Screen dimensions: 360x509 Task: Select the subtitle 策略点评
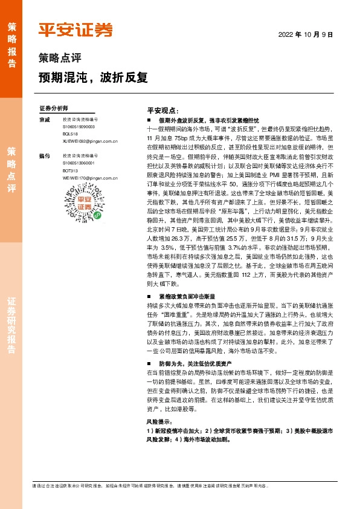point(59,59)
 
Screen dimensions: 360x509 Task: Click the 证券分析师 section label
point(54,108)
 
